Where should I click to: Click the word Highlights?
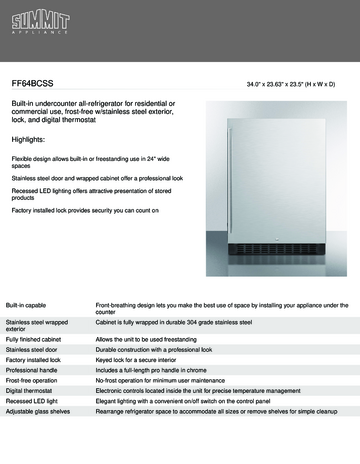click(31, 139)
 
